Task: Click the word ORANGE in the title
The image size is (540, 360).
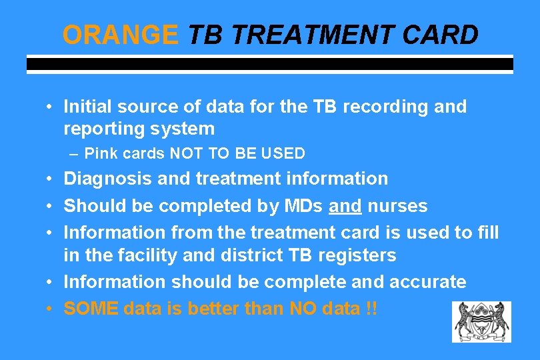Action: pos(121,35)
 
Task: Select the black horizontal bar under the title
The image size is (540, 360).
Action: pos(269,65)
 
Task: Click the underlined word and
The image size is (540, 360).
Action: pos(345,206)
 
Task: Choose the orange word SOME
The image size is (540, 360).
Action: pos(91,309)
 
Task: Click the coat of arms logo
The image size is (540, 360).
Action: pos(481,321)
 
